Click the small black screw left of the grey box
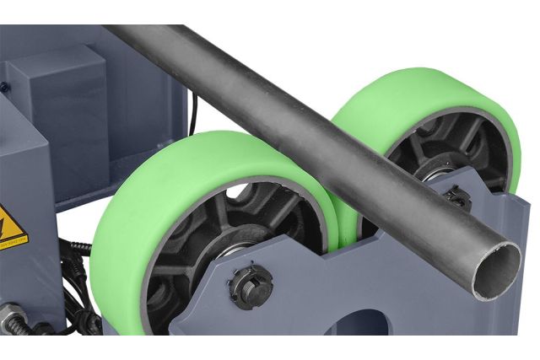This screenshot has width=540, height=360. (5, 85)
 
